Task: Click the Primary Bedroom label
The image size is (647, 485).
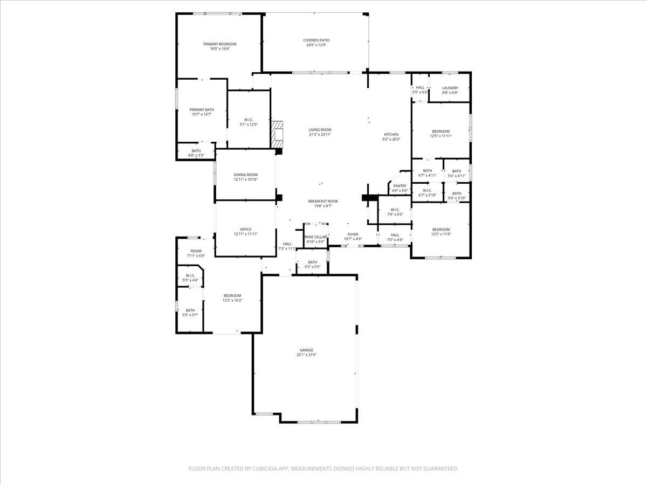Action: pos(219,44)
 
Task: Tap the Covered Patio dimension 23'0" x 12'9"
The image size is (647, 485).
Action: pos(316,45)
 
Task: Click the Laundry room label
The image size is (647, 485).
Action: pos(450,88)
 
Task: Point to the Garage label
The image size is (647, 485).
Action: pos(306,350)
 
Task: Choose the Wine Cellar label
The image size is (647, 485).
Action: pos(315,237)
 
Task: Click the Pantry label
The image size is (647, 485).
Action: pos(400,186)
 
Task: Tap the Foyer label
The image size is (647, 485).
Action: pos(353,234)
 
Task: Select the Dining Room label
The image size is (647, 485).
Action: pos(245,175)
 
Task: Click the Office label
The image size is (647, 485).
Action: pos(245,230)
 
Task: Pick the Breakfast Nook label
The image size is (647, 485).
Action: pos(323,201)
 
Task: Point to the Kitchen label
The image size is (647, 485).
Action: pos(391,134)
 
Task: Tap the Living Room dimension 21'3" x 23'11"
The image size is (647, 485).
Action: pos(320,135)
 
